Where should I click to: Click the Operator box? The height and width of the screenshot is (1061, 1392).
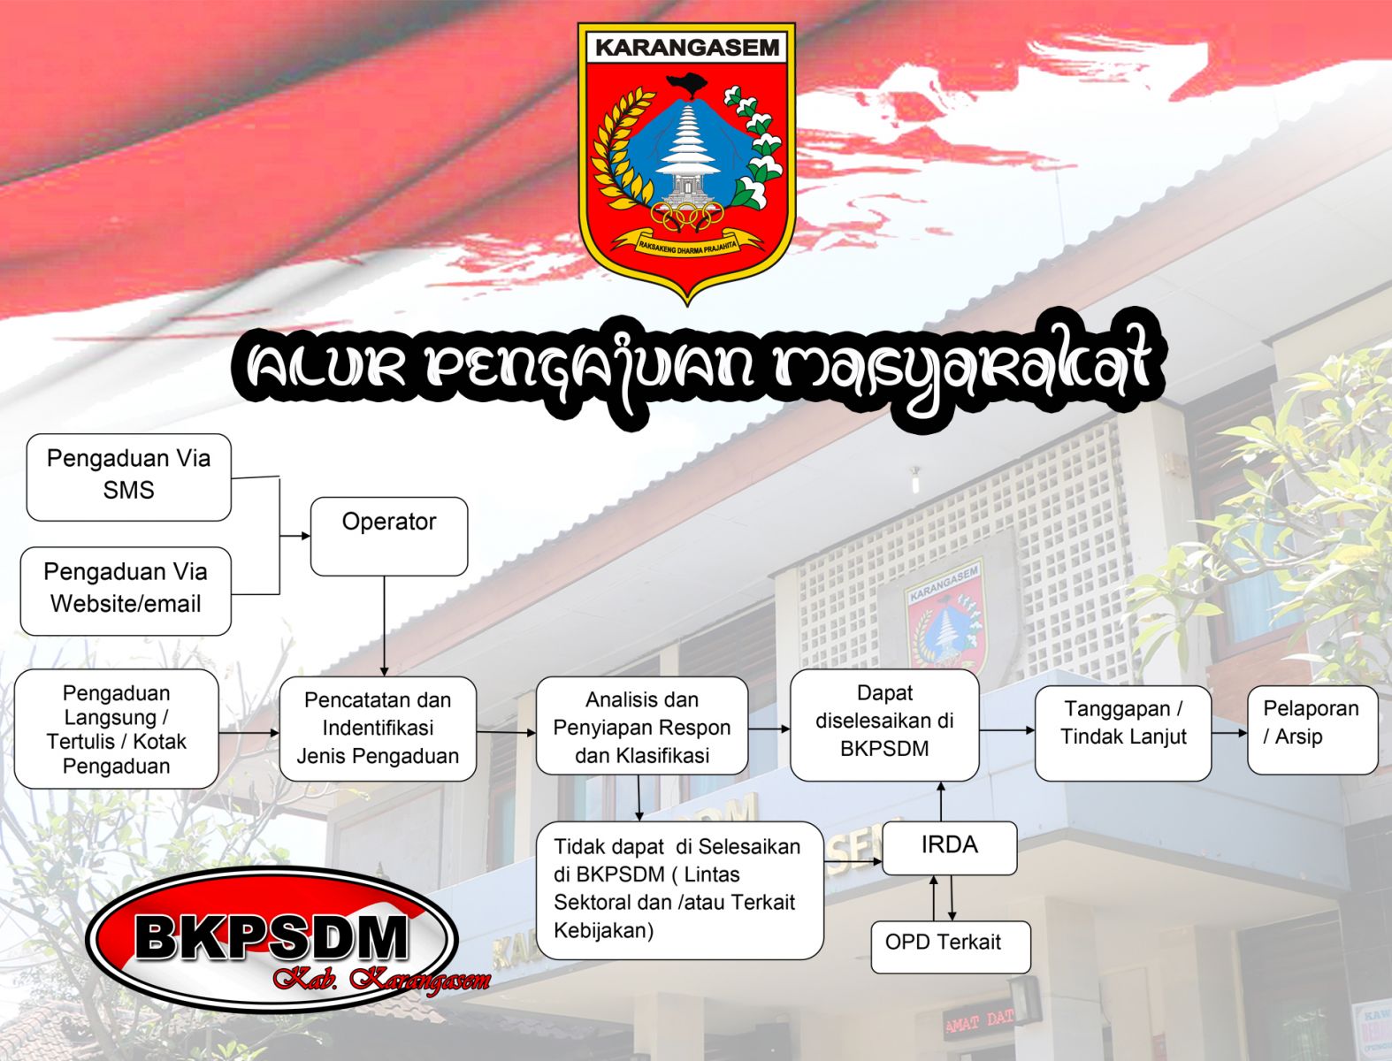[x=389, y=536]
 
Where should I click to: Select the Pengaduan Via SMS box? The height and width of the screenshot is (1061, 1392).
[x=129, y=477]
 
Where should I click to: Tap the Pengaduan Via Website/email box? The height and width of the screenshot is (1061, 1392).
[x=126, y=592]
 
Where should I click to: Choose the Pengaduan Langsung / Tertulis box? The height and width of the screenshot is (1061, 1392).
[x=117, y=729]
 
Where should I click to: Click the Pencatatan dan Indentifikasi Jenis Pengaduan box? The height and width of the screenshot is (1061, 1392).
[x=378, y=729]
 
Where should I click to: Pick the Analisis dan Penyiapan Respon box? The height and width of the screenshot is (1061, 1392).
[x=642, y=726]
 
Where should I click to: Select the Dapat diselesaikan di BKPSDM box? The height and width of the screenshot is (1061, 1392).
[x=884, y=725]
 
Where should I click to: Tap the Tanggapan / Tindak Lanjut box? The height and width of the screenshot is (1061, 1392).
[x=1123, y=733]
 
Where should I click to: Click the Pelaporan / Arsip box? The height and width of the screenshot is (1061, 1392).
[x=1312, y=730]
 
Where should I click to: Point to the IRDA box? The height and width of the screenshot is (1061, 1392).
[x=949, y=848]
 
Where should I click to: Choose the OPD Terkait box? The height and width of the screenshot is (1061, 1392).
[x=951, y=947]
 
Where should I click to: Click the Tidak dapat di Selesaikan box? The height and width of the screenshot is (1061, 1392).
[x=680, y=890]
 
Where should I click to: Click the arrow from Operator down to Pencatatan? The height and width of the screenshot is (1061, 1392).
[x=384, y=626]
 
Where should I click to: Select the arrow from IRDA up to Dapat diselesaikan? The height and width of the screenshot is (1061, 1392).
[x=941, y=802]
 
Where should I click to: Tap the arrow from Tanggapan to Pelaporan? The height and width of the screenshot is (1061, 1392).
[x=1229, y=733]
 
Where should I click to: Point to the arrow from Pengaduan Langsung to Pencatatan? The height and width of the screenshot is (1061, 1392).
[x=249, y=733]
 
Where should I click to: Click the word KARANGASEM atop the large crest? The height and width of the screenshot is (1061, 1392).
[x=687, y=48]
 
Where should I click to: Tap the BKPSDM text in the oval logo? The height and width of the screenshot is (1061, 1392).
[x=272, y=938]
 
